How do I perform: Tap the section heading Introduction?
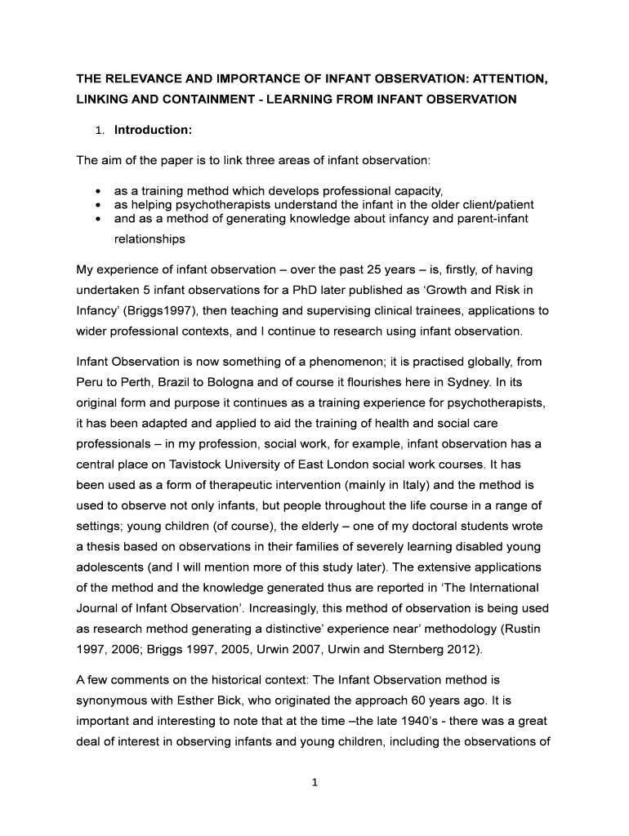point(153,130)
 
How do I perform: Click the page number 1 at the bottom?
point(314,781)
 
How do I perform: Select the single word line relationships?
point(149,239)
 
